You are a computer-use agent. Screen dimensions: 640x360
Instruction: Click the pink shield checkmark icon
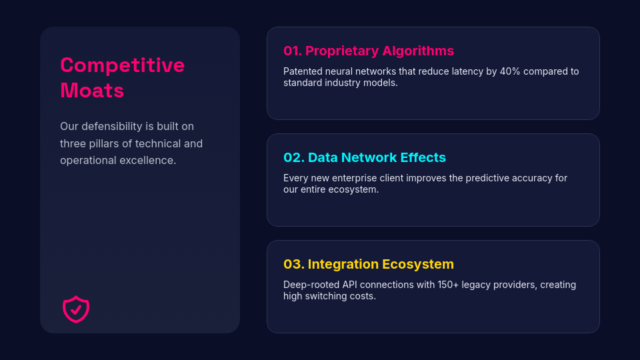click(76, 309)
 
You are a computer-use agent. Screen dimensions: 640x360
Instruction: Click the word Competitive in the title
click(123, 65)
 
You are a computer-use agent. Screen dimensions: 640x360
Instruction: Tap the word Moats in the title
click(92, 90)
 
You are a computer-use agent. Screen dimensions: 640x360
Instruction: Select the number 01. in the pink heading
click(293, 51)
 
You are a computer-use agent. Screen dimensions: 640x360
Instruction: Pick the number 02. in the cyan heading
click(294, 157)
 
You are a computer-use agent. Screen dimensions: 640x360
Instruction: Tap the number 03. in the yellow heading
click(294, 264)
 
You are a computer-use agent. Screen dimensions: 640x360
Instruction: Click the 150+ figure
click(448, 285)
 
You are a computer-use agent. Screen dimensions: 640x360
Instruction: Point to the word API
click(349, 285)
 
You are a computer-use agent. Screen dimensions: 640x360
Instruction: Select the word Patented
click(301, 71)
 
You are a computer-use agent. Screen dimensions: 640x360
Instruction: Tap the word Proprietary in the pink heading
click(342, 51)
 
